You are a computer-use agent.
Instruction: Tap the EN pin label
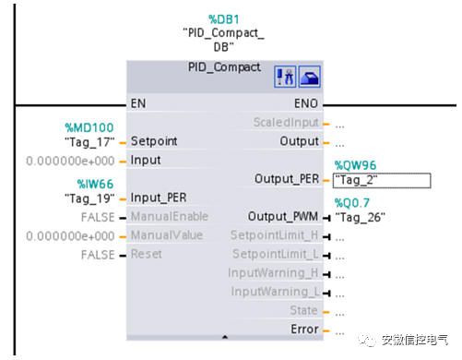pos(138,104)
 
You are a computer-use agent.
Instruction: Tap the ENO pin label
pos(307,104)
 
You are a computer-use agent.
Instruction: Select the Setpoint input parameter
pos(154,142)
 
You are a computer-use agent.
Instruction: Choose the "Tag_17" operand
pos(88,142)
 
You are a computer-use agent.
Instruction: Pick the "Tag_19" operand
pos(88,198)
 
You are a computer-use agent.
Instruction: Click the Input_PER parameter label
pos(160,198)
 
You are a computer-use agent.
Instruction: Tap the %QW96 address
pos(356,165)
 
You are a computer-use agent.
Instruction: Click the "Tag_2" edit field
pos(381,180)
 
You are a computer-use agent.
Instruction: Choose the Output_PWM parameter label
pos(283,217)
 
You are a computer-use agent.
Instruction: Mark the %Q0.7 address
pos(354,202)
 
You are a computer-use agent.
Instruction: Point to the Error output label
pos(303,330)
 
